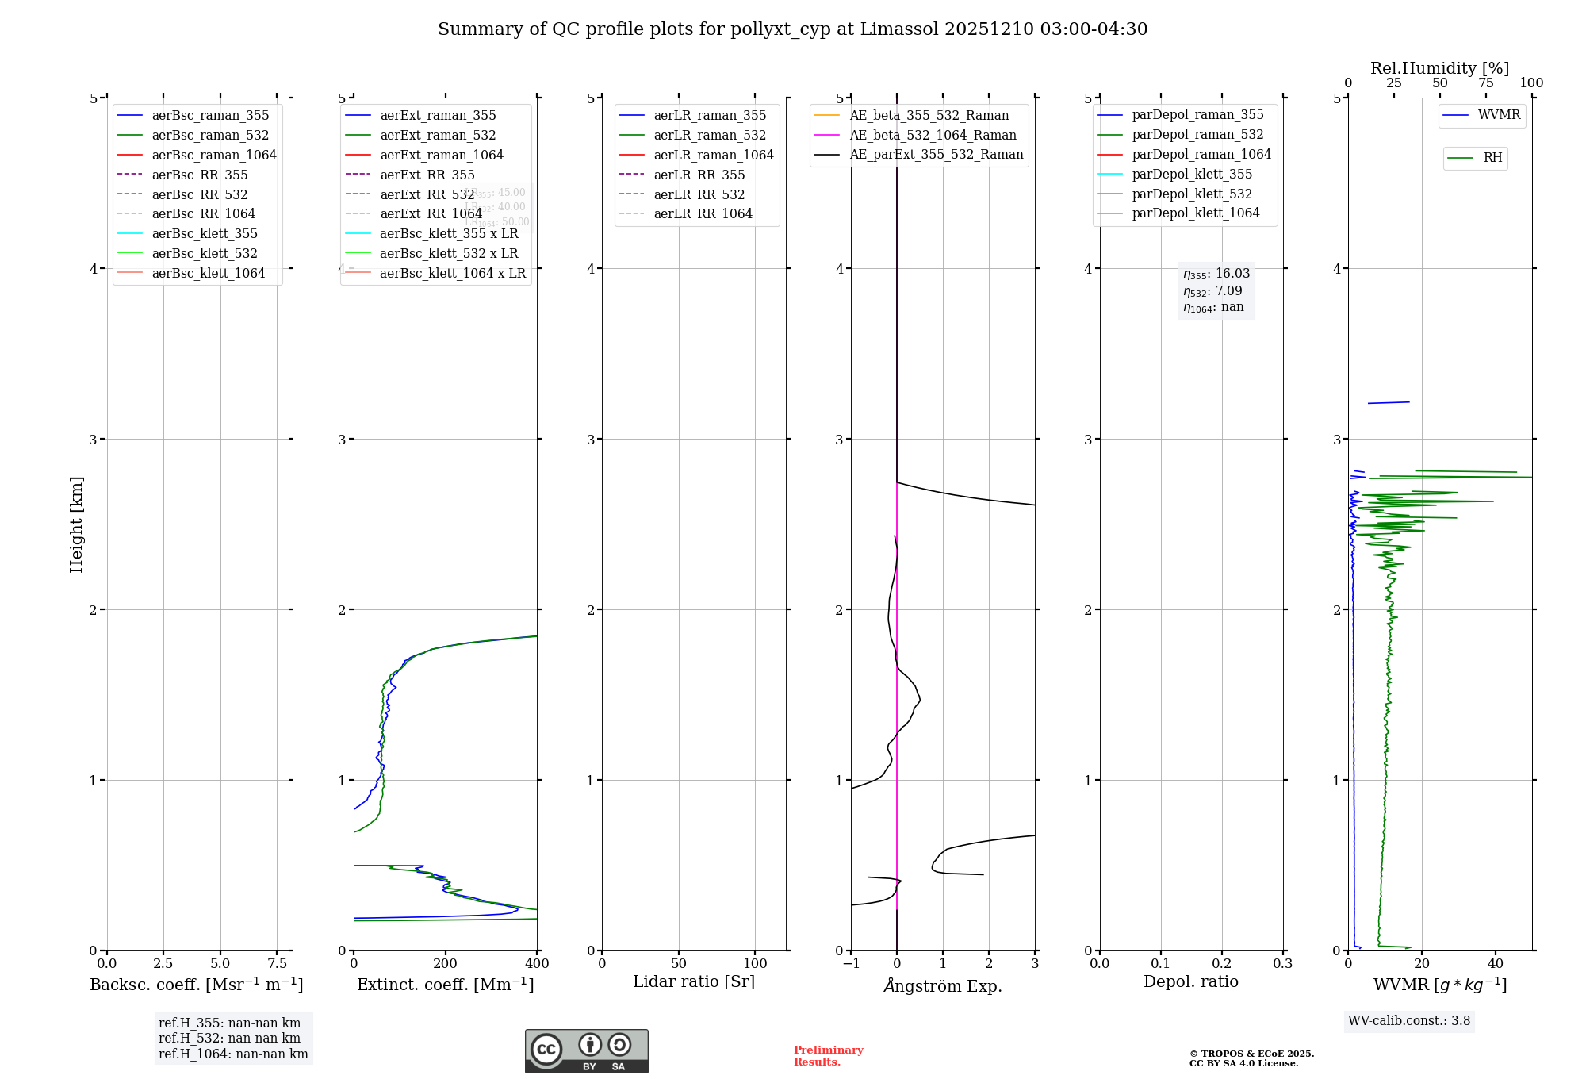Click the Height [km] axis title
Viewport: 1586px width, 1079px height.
click(x=76, y=524)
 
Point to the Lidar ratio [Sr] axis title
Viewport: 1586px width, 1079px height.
click(x=694, y=982)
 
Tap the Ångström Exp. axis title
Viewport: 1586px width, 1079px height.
click(x=943, y=985)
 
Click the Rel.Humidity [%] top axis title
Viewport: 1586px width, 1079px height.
click(x=1439, y=68)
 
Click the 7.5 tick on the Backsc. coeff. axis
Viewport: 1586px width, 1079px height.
click(x=277, y=964)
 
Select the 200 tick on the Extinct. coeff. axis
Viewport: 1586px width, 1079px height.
click(x=446, y=964)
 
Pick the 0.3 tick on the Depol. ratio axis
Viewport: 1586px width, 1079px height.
click(x=1282, y=964)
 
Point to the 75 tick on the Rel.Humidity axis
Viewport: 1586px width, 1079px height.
click(x=1486, y=83)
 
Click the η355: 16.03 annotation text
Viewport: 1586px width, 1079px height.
click(x=1216, y=274)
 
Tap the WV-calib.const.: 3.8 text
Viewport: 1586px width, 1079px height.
click(x=1409, y=1021)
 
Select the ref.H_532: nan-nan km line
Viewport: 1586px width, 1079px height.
click(x=229, y=1039)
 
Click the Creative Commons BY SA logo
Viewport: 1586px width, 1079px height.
click(x=586, y=1051)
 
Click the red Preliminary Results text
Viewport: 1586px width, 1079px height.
click(x=828, y=1056)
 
